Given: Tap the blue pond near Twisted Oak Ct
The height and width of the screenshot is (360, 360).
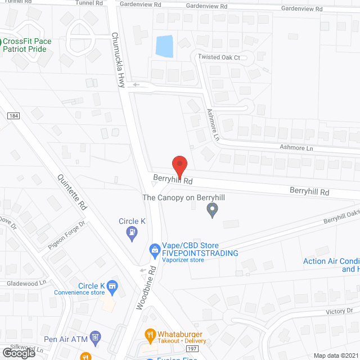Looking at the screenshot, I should coord(165,47).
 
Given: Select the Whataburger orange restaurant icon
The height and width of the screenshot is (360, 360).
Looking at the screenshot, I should coord(150,334).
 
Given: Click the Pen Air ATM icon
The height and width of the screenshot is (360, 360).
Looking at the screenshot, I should coord(95,337).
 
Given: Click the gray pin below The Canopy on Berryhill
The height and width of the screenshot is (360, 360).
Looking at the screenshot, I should coord(212,210).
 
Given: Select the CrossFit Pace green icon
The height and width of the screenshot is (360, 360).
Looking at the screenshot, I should coord(1,42).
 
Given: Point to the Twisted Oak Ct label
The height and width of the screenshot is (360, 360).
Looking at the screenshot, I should coord(219,57).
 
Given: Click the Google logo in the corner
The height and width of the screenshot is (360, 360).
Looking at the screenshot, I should coord(19,353).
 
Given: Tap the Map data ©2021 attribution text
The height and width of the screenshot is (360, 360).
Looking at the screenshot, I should coord(335,355).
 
